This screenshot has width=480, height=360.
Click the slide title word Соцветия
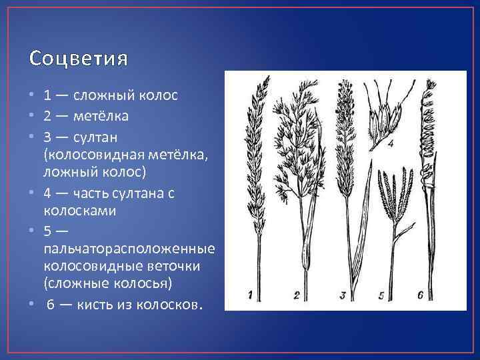pos(79,59)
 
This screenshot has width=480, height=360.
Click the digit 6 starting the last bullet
pos(50,305)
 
